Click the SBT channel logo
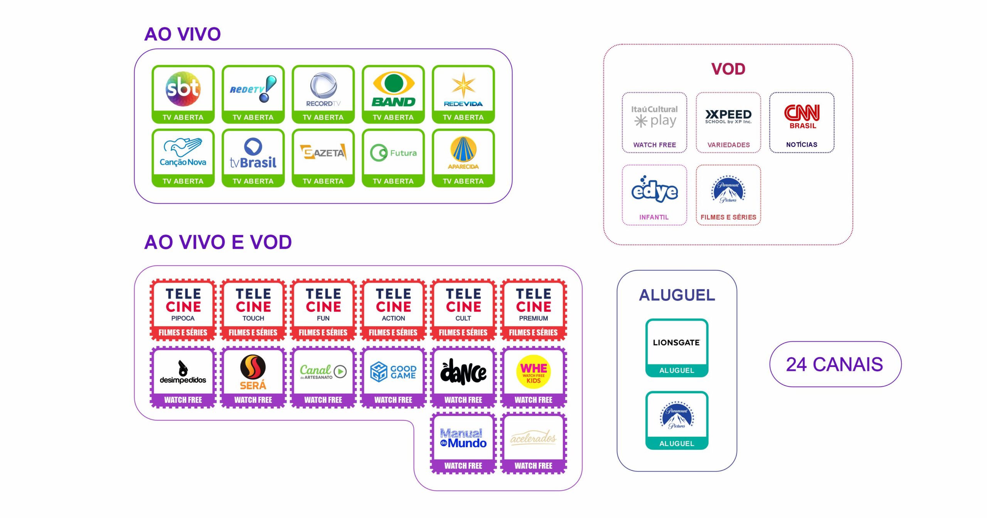pyautogui.click(x=183, y=89)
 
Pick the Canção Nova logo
pyautogui.click(x=183, y=153)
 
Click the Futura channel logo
pyautogui.click(x=393, y=153)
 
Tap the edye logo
pyautogui.click(x=654, y=190)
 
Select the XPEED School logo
pyautogui.click(x=728, y=116)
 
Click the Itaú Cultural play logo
pyautogui.click(x=654, y=116)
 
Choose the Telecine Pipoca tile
pyautogui.click(x=183, y=310)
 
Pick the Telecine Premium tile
pyautogui.click(x=534, y=310)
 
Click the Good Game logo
pyautogui.click(x=393, y=372)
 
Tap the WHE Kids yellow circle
pyautogui.click(x=534, y=372)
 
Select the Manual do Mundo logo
pyautogui.click(x=463, y=438)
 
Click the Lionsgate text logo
pyautogui.click(x=676, y=342)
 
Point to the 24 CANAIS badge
pyautogui.click(x=835, y=364)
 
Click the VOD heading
pyautogui.click(x=728, y=69)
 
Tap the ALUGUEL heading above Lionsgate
pyautogui.click(x=677, y=295)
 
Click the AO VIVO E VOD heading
pyautogui.click(x=218, y=242)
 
